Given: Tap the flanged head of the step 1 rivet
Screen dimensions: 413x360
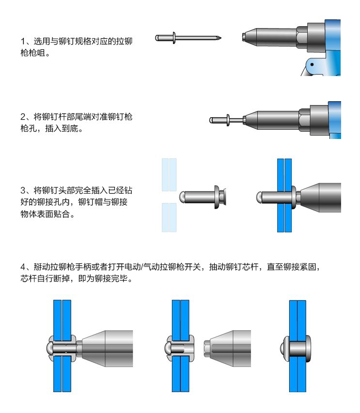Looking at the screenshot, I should pyautogui.click(x=172, y=37).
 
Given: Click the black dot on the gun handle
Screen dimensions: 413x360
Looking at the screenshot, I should pyautogui.click(x=313, y=63).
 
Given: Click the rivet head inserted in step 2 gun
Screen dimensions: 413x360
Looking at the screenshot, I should pyautogui.click(x=225, y=119).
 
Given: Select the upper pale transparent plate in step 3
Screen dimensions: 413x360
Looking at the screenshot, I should pyautogui.click(x=169, y=174).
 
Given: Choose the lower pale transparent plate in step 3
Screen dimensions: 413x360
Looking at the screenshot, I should pyautogui.click(x=169, y=217).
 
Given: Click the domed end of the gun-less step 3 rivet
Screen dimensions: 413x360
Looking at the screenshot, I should pyautogui.click(x=183, y=196).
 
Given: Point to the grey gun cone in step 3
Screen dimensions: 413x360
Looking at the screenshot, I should pyautogui.click(x=322, y=197).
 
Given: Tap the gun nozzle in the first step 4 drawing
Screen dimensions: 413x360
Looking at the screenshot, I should pyautogui.click(x=104, y=349).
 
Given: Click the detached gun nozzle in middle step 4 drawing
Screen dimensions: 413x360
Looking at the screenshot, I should pyautogui.click(x=228, y=349).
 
